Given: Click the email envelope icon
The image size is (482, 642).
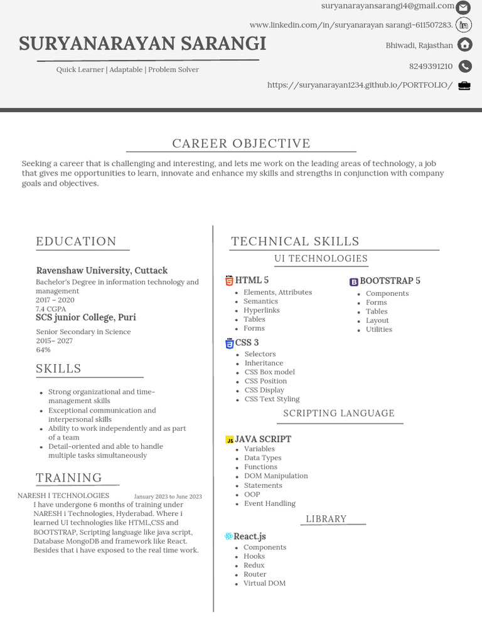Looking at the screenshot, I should pyautogui.click(x=463, y=8).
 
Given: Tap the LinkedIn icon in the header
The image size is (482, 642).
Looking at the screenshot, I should pyautogui.click(x=464, y=25).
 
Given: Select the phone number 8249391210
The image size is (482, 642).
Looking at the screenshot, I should pyautogui.click(x=431, y=66).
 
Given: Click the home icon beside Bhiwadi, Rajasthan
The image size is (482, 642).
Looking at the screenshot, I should pyautogui.click(x=464, y=45).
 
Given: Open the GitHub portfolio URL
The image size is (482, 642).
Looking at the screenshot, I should pyautogui.click(x=360, y=85).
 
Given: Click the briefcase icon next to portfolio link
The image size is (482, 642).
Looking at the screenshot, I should pyautogui.click(x=464, y=86).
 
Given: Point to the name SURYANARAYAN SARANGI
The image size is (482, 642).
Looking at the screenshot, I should pyautogui.click(x=142, y=44).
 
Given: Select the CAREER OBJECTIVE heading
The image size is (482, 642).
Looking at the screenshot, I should pyautogui.click(x=241, y=144).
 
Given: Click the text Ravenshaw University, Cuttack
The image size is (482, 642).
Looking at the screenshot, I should pyautogui.click(x=102, y=271).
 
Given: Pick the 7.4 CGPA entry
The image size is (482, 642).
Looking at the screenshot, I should pyautogui.click(x=51, y=309).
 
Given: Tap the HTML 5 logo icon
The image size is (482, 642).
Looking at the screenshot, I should pyautogui.click(x=229, y=281).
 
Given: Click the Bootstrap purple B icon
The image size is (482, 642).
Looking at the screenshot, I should pyautogui.click(x=354, y=282).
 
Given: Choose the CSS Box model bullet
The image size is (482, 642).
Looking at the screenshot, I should pyautogui.click(x=269, y=372).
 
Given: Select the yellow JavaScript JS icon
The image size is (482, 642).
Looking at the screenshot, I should pyautogui.click(x=230, y=440).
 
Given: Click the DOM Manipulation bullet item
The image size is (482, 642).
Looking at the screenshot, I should pyautogui.click(x=276, y=476).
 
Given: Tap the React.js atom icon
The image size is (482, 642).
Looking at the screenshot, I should pyautogui.click(x=228, y=537).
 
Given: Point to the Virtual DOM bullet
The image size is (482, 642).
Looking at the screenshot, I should pyautogui.click(x=264, y=583).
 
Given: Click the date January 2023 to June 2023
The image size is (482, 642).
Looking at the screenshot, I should pyautogui.click(x=168, y=497).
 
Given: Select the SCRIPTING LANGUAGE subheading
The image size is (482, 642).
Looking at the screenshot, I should pyautogui.click(x=339, y=413).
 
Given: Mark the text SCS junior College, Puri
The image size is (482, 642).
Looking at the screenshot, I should pyautogui.click(x=86, y=317).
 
